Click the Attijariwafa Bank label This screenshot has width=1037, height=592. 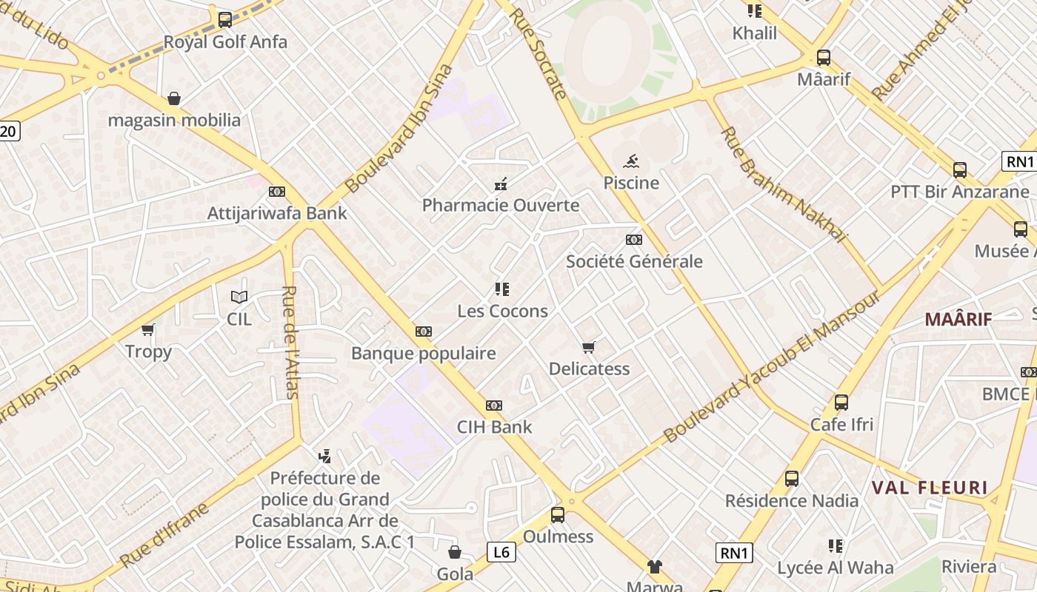pos(277,213)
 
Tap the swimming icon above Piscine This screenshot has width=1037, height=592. pos(631,161)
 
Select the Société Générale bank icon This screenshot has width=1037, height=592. pos(634,240)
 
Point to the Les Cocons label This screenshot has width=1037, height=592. pos(503,311)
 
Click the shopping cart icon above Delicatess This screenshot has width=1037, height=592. pos(589,347)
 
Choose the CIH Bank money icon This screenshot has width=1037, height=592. pos(494,406)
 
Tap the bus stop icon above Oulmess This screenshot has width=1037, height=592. pos(558,515)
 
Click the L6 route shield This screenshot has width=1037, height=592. pos(501,551)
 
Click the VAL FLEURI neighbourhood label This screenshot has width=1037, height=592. pos(930,488)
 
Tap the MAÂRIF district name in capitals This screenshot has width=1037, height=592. pos(958,320)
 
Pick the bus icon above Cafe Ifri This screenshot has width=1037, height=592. pos(841,403)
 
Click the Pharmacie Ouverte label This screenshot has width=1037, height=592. pos(501,205)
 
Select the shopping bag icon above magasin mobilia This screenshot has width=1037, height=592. pos(174,98)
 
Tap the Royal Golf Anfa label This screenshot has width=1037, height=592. pos(225,42)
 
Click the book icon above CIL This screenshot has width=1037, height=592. pos(239,297)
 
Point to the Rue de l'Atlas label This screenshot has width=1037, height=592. pos(291,342)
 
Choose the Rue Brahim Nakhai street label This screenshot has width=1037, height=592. pos(783,184)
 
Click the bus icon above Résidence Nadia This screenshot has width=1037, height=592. pos(792,479)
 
